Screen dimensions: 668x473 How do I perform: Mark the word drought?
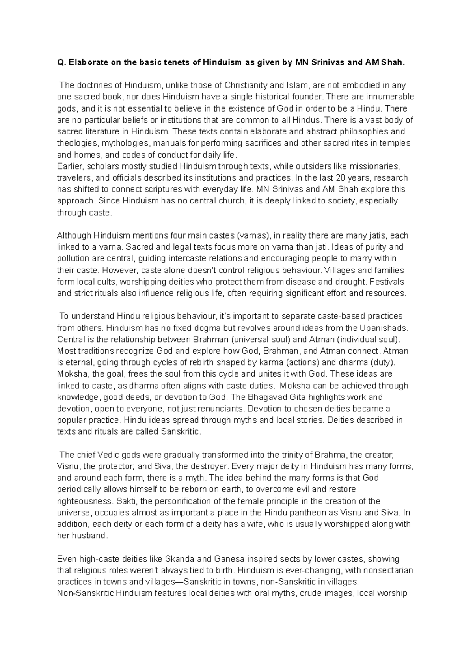tap(352, 282)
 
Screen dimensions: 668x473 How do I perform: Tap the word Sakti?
tap(126, 501)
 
